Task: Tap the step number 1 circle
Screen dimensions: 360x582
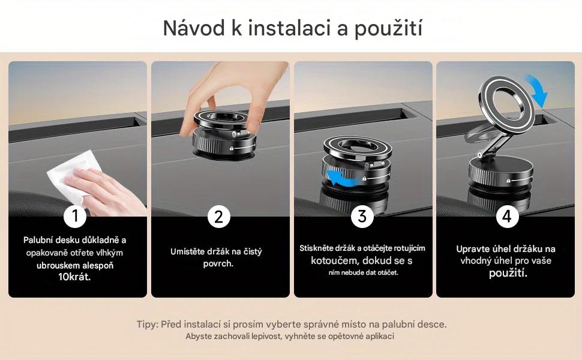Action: click(x=75, y=216)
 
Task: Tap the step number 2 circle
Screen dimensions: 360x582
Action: click(x=219, y=216)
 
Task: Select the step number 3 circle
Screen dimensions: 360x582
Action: click(x=362, y=216)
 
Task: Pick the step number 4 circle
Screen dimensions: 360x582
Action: click(x=507, y=216)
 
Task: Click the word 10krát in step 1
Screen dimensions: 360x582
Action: click(x=74, y=277)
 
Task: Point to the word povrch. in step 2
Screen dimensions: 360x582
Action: click(x=218, y=264)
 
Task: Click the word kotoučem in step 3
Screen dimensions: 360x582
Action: click(x=332, y=260)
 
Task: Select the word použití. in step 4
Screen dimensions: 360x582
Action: click(x=508, y=274)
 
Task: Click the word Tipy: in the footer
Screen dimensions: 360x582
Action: click(x=147, y=325)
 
